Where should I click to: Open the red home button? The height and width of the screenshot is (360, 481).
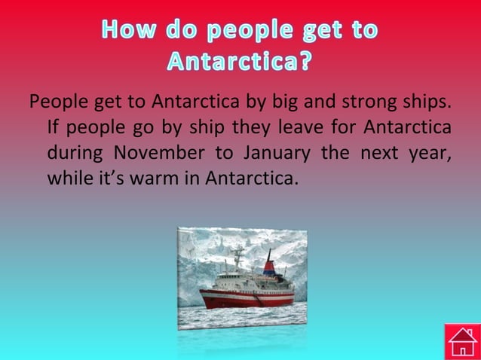click(x=462, y=341)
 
